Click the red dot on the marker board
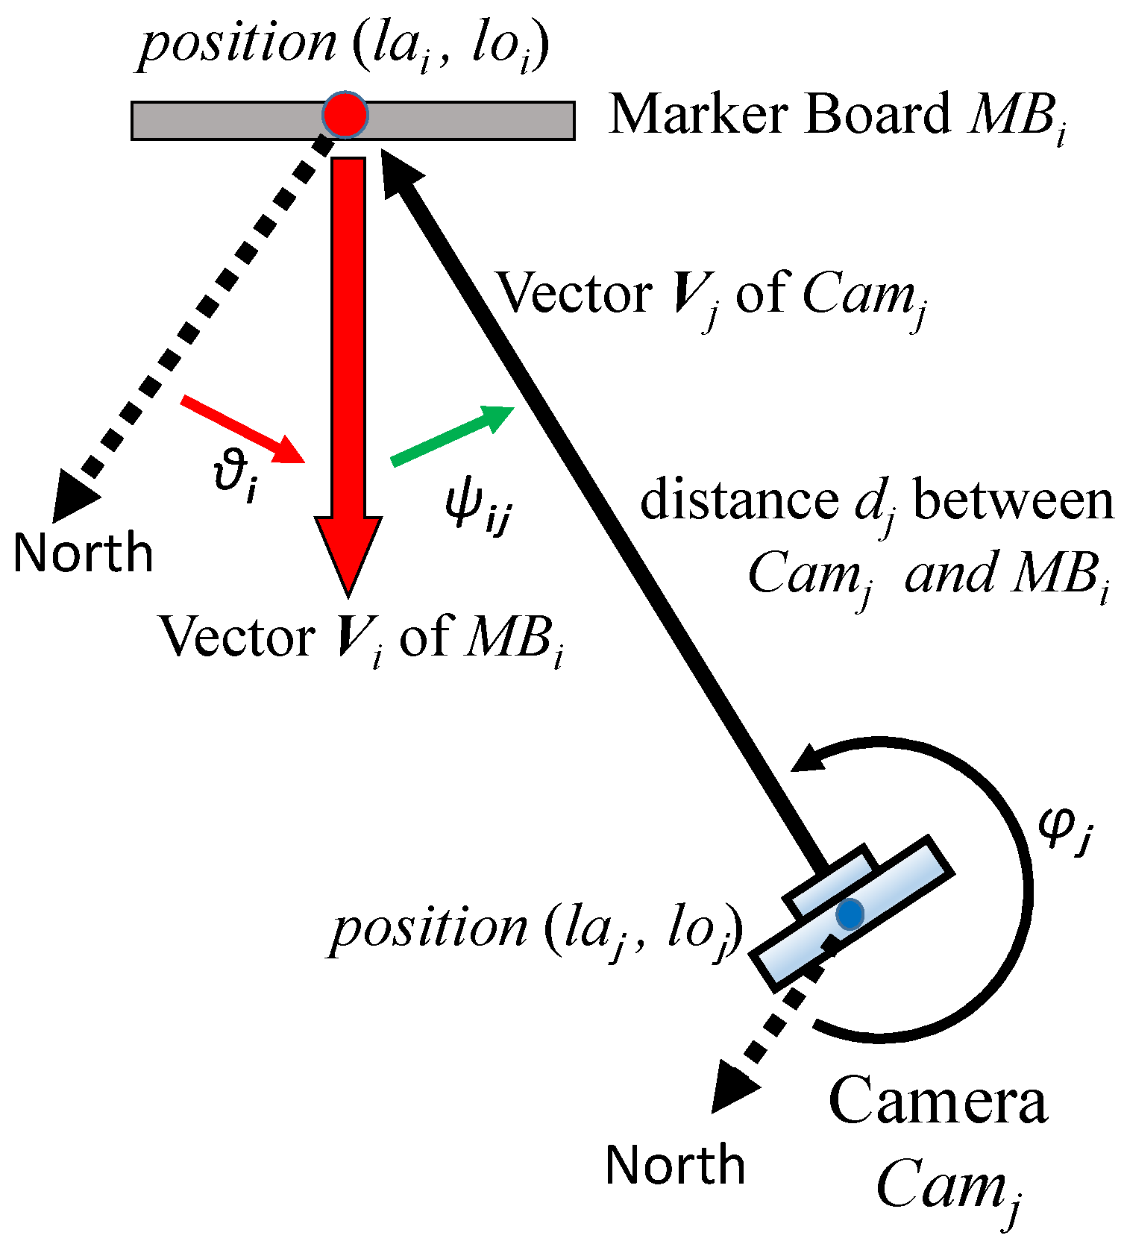pyautogui.click(x=345, y=114)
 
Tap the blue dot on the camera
pyautogui.click(x=850, y=914)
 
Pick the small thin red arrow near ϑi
pyautogui.click(x=243, y=430)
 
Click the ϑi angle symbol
pyautogui.click(x=233, y=477)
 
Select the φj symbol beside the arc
pyautogui.click(x=1065, y=828)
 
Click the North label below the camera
pyautogui.click(x=675, y=1165)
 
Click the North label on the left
pyautogui.click(x=83, y=553)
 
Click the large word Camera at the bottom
pyautogui.click(x=938, y=1101)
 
